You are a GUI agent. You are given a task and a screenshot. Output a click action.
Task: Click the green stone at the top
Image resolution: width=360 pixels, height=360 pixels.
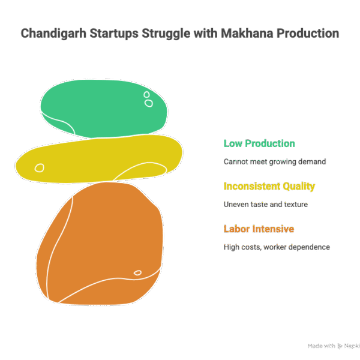tap(102, 108)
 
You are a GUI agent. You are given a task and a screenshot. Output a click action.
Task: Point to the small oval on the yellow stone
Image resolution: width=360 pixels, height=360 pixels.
tap(40, 168)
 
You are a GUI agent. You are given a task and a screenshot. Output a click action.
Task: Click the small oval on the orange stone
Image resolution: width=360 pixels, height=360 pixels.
tap(137, 273)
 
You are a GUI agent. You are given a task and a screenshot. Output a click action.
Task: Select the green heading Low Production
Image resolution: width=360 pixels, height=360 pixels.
tap(259, 143)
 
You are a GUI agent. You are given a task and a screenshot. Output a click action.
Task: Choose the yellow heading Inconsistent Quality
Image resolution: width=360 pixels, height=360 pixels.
tap(269, 186)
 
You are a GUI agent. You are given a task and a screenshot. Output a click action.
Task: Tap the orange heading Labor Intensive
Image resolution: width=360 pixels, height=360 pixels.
tap(259, 229)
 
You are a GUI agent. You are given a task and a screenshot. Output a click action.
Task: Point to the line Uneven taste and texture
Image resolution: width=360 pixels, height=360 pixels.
tap(266, 204)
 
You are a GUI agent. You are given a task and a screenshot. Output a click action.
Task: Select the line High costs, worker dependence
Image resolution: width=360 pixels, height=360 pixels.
tap(277, 247)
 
